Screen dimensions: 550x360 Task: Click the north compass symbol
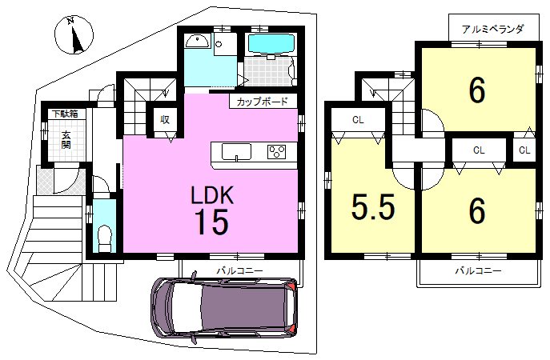pyautogui.click(x=74, y=34)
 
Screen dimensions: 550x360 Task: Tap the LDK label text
pyautogui.click(x=212, y=195)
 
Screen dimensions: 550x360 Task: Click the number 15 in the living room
pyautogui.click(x=212, y=222)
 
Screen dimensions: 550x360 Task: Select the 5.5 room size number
pyautogui.click(x=373, y=207)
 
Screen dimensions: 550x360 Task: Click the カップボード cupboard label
pyautogui.click(x=263, y=102)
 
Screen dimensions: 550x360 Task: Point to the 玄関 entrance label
pyautogui.click(x=66, y=139)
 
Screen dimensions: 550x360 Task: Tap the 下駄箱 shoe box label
pyautogui.click(x=65, y=114)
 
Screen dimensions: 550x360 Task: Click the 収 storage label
pyautogui.click(x=165, y=119)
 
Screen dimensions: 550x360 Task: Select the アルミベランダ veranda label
pyautogui.click(x=492, y=29)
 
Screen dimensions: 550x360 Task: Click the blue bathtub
pyautogui.click(x=271, y=43)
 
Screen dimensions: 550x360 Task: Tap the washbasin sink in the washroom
pyautogui.click(x=197, y=42)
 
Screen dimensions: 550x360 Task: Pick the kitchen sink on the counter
pyautogui.click(x=236, y=152)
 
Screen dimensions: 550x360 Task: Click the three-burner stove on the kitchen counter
pyautogui.click(x=277, y=152)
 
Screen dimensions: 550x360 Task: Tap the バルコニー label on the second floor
pyautogui.click(x=479, y=270)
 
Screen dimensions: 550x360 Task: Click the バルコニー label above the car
pyautogui.click(x=239, y=270)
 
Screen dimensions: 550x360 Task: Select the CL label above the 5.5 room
pyautogui.click(x=358, y=120)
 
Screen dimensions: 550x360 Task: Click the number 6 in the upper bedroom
pyautogui.click(x=477, y=90)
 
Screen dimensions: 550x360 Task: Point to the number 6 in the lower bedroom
pyautogui.click(x=477, y=210)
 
